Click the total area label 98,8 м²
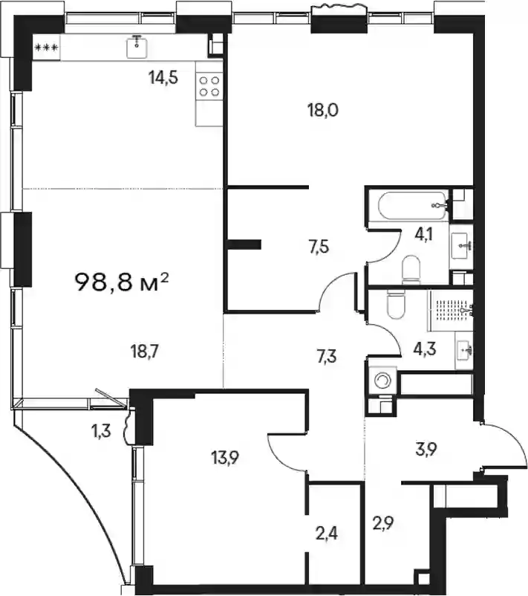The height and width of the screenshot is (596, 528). click(x=122, y=282)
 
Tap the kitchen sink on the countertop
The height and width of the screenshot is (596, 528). click(x=137, y=47)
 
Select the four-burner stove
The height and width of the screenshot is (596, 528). click(x=209, y=86)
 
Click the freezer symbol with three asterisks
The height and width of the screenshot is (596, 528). click(x=46, y=48)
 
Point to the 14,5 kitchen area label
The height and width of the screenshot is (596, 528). click(x=163, y=78)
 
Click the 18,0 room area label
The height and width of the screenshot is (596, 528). click(x=323, y=111)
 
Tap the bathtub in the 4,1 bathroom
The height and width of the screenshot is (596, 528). click(x=411, y=205)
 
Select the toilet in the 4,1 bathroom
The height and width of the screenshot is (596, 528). click(x=410, y=270)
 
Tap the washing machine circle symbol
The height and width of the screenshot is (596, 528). click(x=382, y=380)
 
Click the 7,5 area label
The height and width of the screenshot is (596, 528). click(x=319, y=247)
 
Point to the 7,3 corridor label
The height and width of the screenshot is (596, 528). click(x=326, y=357)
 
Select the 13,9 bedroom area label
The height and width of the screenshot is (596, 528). click(x=225, y=457)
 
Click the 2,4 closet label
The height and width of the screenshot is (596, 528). click(x=326, y=534)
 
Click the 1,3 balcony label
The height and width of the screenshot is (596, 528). click(x=102, y=431)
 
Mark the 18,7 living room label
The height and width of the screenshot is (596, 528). click(x=144, y=352)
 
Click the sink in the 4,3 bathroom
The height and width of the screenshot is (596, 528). click(x=464, y=350)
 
